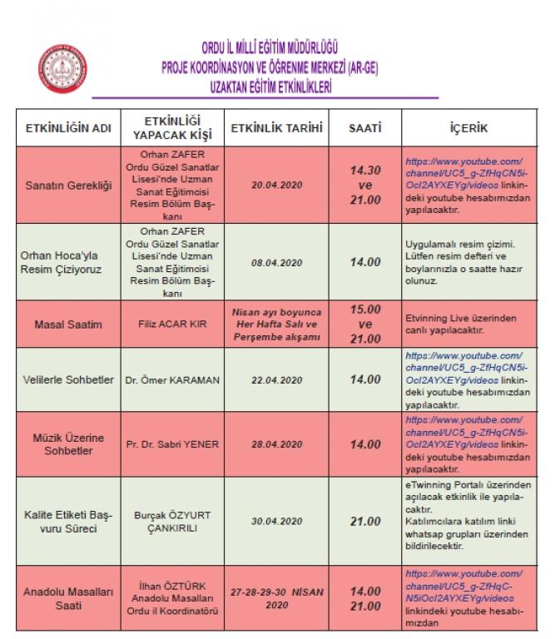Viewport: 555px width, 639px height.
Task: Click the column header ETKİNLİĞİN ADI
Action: click(69, 131)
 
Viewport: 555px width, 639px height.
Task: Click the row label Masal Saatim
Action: click(69, 324)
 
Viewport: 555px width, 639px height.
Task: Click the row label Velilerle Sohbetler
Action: click(69, 379)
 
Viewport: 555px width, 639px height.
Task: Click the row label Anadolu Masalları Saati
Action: click(69, 597)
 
